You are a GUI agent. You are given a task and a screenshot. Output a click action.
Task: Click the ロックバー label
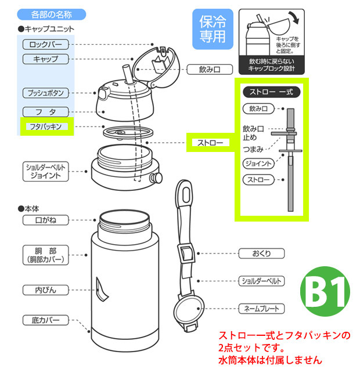(46, 45)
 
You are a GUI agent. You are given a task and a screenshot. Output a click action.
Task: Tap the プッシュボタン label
(46, 93)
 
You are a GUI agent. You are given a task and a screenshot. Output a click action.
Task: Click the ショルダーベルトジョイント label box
(46, 171)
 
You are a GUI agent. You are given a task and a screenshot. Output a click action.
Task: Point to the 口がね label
(46, 220)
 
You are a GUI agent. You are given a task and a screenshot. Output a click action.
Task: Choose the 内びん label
(46, 289)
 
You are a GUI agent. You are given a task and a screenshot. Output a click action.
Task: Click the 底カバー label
(46, 320)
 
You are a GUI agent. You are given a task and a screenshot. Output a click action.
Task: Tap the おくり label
(262, 253)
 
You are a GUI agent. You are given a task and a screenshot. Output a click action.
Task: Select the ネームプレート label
(262, 309)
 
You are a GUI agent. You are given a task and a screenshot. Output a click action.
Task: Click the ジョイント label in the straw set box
(258, 164)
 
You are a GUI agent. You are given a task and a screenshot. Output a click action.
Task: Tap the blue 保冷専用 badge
(213, 29)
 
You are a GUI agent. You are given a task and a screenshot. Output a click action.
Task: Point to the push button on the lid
(103, 92)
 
